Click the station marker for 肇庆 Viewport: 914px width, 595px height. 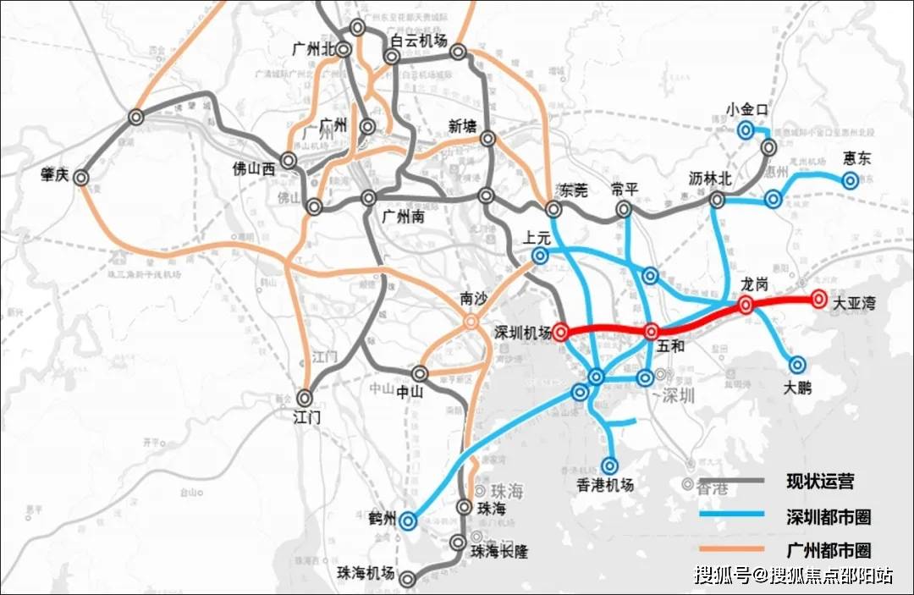[x=81, y=178]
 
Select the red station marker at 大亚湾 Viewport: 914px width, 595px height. [x=818, y=299]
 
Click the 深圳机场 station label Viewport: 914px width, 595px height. [x=522, y=333]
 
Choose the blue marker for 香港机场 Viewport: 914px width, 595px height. [x=611, y=465]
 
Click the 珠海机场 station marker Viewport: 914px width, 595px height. [x=408, y=579]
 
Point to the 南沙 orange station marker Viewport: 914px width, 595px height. [x=470, y=322]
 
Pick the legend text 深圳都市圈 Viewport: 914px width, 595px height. [x=829, y=516]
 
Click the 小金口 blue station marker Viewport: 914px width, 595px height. [x=746, y=129]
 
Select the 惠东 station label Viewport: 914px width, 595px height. [x=856, y=158]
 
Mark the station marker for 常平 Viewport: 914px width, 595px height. [x=624, y=208]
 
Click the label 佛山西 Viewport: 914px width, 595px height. [x=254, y=168]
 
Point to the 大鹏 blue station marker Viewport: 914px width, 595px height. [x=797, y=365]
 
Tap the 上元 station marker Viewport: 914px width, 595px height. [x=540, y=256]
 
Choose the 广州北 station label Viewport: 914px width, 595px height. [x=308, y=49]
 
